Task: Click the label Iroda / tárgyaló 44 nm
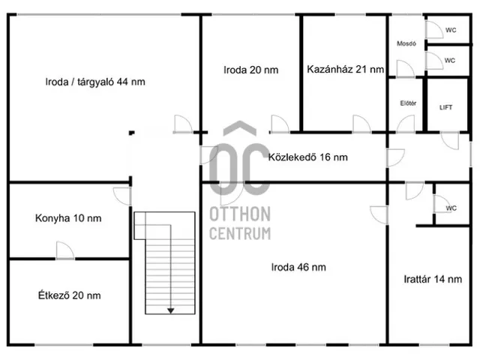click(x=94, y=82)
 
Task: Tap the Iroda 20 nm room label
click(x=250, y=70)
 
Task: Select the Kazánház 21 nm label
click(x=345, y=70)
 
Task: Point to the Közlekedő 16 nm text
click(x=307, y=157)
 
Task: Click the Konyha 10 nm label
click(x=68, y=219)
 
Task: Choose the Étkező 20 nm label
click(x=68, y=295)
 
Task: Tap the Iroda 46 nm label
click(x=298, y=266)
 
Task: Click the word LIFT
click(x=445, y=107)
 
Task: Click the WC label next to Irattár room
click(x=451, y=208)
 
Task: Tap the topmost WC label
click(x=450, y=30)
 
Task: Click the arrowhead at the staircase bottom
click(x=171, y=308)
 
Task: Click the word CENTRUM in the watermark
click(x=241, y=234)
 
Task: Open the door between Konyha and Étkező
click(x=65, y=251)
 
